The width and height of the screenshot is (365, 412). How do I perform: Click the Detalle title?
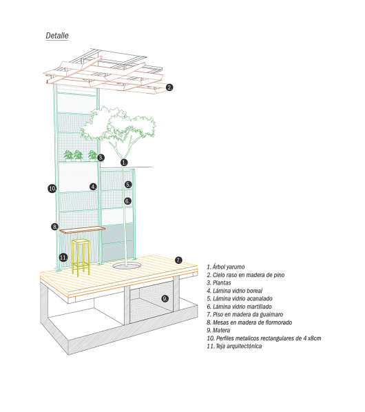(x=57, y=35)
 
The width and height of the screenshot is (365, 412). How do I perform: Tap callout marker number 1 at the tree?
(x=124, y=163)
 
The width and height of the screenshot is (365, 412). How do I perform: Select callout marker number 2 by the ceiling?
(x=169, y=87)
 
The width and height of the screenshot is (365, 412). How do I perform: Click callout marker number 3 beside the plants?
(x=101, y=158)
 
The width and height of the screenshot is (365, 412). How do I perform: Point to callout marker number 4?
(x=93, y=187)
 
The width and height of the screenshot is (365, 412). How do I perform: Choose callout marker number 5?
(x=128, y=185)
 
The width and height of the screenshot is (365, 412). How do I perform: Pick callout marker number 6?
(x=127, y=201)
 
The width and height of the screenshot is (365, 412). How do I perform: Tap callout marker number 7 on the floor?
(x=178, y=260)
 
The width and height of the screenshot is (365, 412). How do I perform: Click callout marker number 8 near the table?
(x=54, y=227)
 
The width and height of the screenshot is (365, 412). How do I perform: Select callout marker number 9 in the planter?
(x=165, y=298)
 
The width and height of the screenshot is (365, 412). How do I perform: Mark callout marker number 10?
(x=52, y=188)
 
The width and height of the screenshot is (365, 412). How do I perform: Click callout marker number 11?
(x=63, y=258)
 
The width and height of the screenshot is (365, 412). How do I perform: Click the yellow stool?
(x=81, y=257)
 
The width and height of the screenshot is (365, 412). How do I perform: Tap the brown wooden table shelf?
(x=82, y=230)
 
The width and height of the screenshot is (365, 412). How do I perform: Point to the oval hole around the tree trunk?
(x=127, y=265)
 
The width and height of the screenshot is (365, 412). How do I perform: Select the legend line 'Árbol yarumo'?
(x=225, y=267)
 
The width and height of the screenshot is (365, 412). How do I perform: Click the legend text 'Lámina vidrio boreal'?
(x=234, y=291)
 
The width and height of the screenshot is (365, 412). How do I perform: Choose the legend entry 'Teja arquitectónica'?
(x=234, y=346)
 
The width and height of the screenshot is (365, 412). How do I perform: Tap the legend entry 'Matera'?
(x=218, y=330)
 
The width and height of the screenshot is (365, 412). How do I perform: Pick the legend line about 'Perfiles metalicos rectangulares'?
(x=264, y=338)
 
